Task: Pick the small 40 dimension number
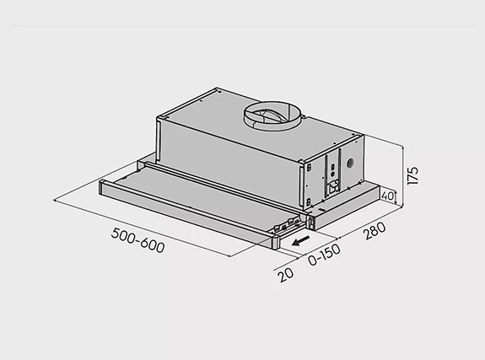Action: coord(387,196)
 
